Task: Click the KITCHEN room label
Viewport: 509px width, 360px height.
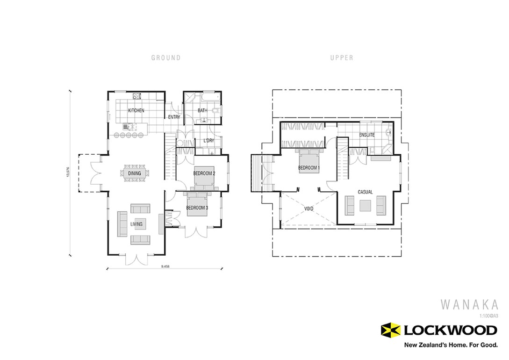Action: point(136,111)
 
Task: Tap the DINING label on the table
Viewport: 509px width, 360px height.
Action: point(135,173)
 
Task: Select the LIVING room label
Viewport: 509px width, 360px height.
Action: point(136,224)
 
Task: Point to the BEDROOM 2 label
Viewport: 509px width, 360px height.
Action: point(204,173)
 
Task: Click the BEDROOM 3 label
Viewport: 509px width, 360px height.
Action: point(197,208)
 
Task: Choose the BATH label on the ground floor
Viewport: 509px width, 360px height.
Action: point(202,111)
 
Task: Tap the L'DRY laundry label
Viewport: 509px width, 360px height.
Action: point(208,141)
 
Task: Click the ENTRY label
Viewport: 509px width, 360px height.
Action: point(174,117)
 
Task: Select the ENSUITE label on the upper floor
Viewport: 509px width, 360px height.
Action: point(367,135)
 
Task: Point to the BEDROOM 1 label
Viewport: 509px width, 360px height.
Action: point(309,168)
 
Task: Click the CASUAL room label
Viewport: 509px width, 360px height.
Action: point(365,192)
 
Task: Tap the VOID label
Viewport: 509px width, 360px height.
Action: point(308,209)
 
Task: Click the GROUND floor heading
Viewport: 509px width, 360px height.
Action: point(165,58)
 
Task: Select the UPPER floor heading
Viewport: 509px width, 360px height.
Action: point(342,58)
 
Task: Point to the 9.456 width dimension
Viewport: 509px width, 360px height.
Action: point(165,266)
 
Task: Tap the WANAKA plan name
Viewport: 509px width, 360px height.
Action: point(469,304)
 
